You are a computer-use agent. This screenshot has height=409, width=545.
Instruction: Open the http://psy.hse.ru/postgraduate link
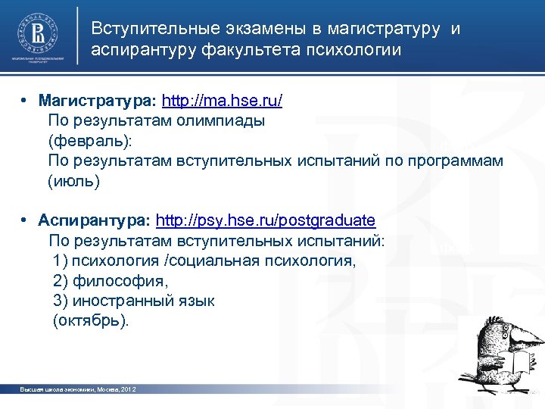point(265,221)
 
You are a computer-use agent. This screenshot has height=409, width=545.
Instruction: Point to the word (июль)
point(73,181)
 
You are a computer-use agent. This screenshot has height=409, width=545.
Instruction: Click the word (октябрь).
point(91,320)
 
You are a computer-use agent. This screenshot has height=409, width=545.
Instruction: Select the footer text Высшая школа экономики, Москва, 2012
point(77,389)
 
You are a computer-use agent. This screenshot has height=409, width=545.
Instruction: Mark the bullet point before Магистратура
point(25,101)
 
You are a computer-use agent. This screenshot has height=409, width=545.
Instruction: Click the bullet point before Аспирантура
point(25,221)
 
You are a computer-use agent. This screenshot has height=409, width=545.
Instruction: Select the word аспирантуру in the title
point(143,51)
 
